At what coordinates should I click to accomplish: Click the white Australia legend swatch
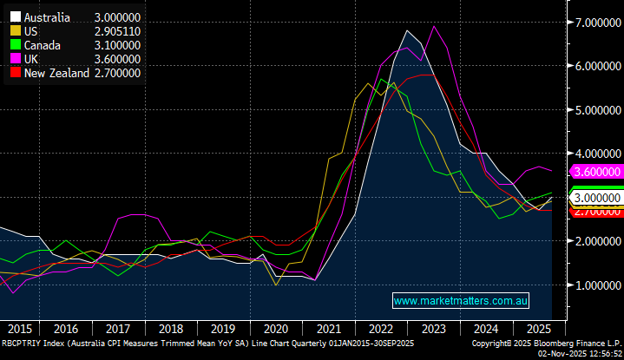coord(15,17)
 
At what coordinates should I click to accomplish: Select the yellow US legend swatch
coord(15,31)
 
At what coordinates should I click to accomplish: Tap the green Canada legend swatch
coord(15,45)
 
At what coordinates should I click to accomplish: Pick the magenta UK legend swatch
coord(15,59)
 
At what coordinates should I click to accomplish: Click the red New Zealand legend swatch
coord(15,74)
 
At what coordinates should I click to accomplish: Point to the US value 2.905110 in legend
coord(118,31)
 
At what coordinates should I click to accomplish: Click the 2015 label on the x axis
coord(19,330)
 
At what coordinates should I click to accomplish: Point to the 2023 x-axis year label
coord(436,330)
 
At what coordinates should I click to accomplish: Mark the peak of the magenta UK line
coord(434,26)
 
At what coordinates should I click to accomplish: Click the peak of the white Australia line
coord(406,30)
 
